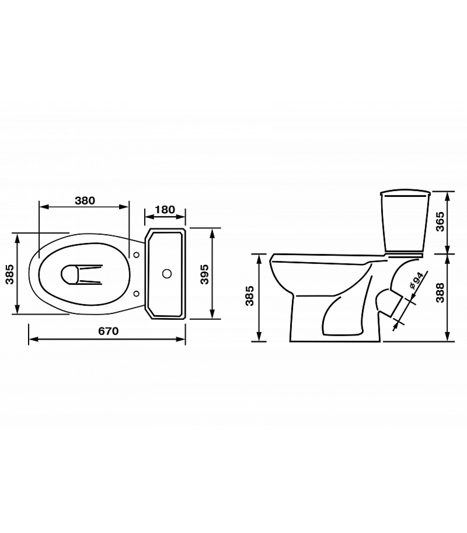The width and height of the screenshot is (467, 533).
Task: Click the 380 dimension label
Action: pos(85,201)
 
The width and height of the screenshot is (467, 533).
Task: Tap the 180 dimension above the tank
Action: pos(165,210)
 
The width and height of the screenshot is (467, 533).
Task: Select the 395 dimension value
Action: pos(204,274)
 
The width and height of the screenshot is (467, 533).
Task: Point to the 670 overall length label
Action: pos(108,331)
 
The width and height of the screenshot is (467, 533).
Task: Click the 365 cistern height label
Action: pos(440,222)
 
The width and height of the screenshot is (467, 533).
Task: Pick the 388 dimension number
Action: pos(440,292)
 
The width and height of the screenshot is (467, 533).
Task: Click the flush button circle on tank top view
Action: pos(167,274)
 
